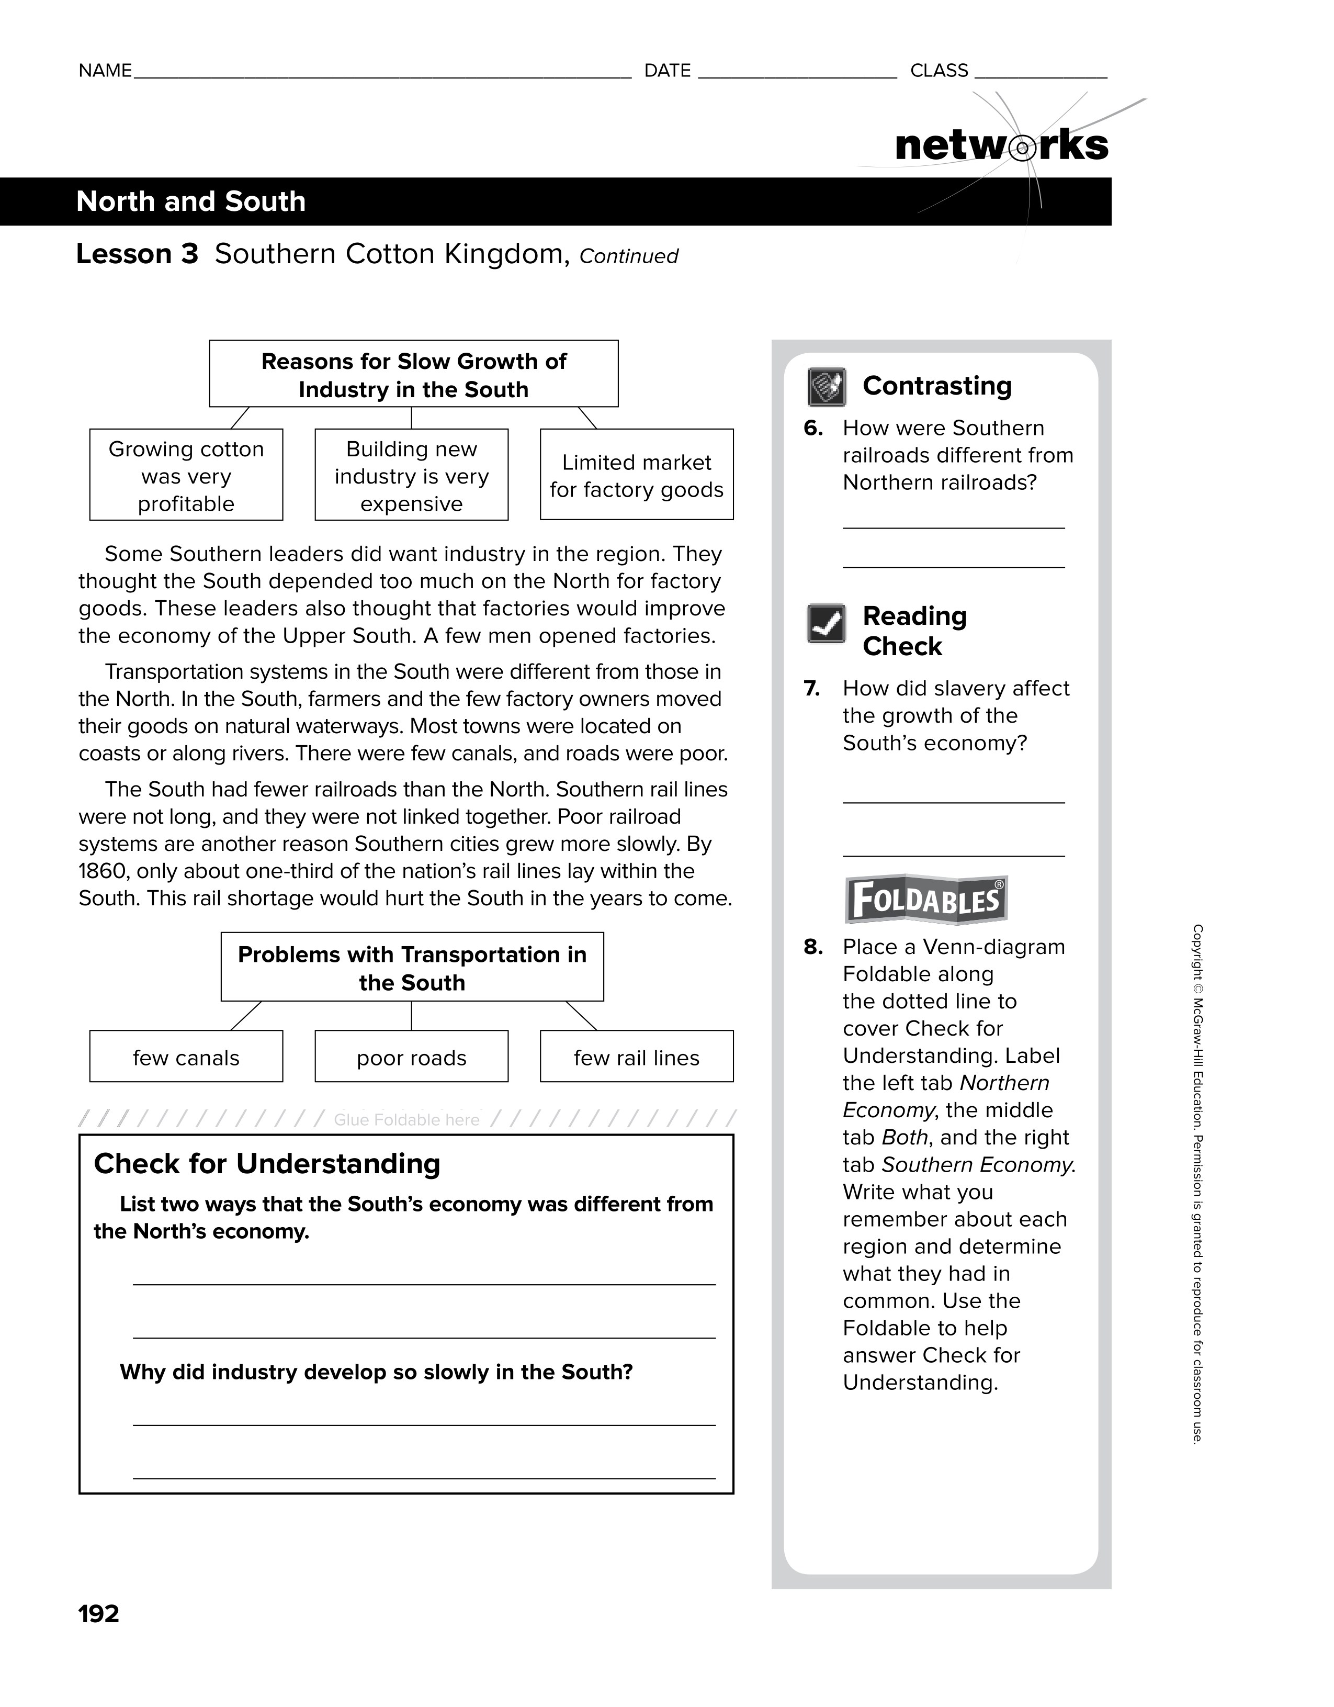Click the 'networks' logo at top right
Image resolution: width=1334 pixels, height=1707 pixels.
coord(1001,145)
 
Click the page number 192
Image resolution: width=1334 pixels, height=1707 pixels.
coord(98,1613)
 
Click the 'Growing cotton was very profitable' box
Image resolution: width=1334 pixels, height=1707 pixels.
coord(186,475)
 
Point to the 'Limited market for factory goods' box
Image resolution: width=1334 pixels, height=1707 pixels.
coord(636,475)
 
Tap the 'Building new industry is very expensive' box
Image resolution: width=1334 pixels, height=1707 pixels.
coord(411,475)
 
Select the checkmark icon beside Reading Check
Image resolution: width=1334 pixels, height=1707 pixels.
coord(826,624)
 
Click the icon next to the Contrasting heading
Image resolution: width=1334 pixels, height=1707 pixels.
coord(826,387)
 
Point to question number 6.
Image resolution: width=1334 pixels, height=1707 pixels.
coord(813,428)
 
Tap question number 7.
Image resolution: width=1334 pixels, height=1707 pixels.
coord(812,689)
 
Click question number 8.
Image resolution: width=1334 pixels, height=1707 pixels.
coord(813,947)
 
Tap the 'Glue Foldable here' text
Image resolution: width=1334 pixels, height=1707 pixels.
coord(406,1120)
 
